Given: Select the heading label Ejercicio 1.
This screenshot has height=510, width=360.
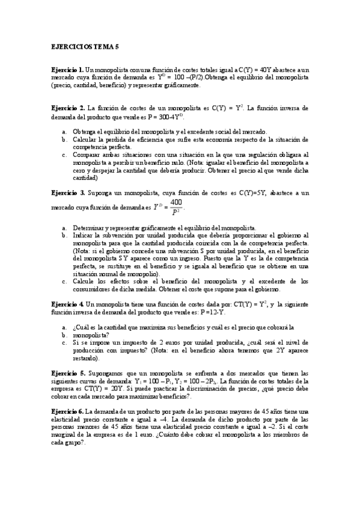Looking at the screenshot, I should tap(67, 70).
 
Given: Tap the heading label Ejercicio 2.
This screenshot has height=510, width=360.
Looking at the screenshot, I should tap(67, 108).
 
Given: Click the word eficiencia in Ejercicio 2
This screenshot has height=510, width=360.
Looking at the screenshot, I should tap(144, 140).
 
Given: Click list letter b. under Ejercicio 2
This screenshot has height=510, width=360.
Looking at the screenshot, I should tap(64, 140).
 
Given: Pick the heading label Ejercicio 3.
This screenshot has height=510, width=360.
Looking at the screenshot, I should tap(67, 192).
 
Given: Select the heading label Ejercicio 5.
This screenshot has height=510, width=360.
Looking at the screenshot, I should tap(67, 373).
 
